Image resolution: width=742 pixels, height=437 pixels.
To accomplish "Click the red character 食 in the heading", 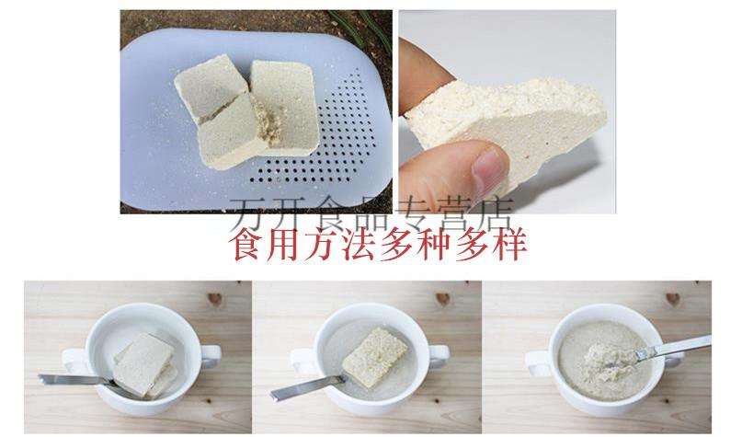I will [249, 245].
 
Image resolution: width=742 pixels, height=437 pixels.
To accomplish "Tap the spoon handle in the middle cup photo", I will [293, 387].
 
